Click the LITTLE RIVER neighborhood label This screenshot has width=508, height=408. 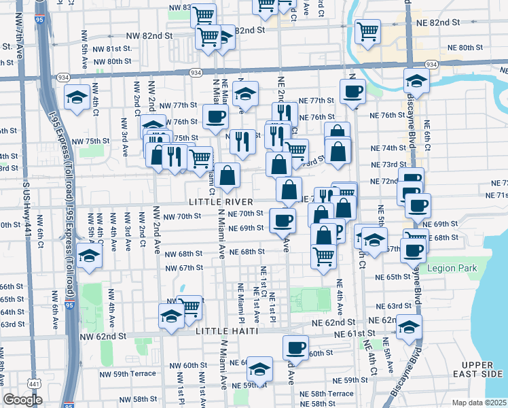[221, 202]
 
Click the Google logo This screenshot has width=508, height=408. [22, 400]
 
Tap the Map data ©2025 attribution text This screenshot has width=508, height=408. [479, 403]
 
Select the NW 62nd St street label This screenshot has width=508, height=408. [103, 336]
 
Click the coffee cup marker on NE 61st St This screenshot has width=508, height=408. [295, 347]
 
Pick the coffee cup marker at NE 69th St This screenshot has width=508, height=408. [283, 220]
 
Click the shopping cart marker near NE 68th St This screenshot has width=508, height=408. [324, 256]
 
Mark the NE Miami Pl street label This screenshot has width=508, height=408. [241, 303]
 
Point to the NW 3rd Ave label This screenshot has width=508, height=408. [125, 137]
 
